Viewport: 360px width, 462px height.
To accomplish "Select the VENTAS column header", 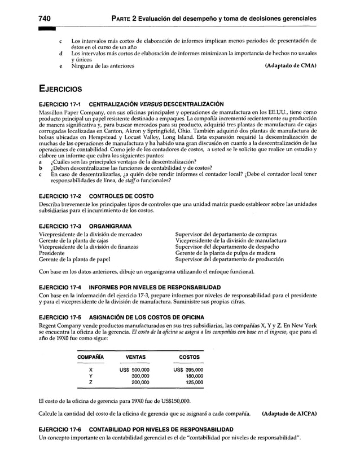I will tap(135, 357).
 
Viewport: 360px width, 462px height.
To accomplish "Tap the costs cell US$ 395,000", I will tap(188, 369).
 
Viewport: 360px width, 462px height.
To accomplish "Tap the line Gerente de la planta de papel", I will tap(74, 259).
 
